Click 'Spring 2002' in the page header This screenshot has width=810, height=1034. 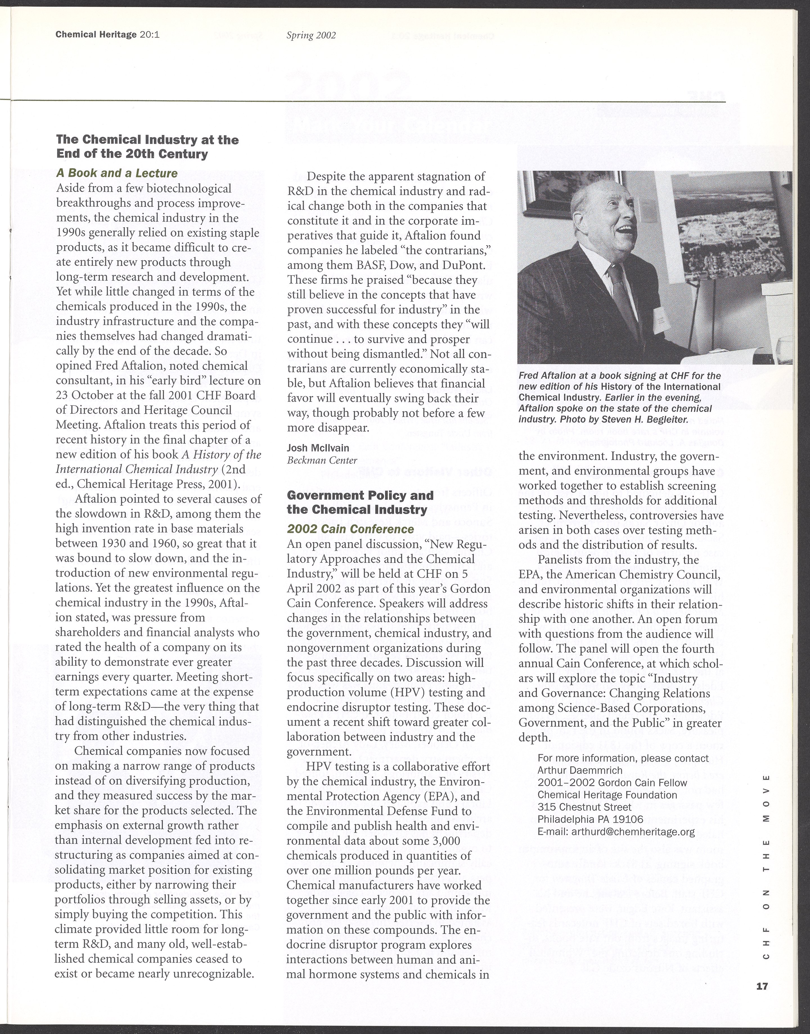(311, 35)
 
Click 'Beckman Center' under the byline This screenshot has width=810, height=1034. (322, 460)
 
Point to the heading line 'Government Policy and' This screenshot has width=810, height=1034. (360, 495)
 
